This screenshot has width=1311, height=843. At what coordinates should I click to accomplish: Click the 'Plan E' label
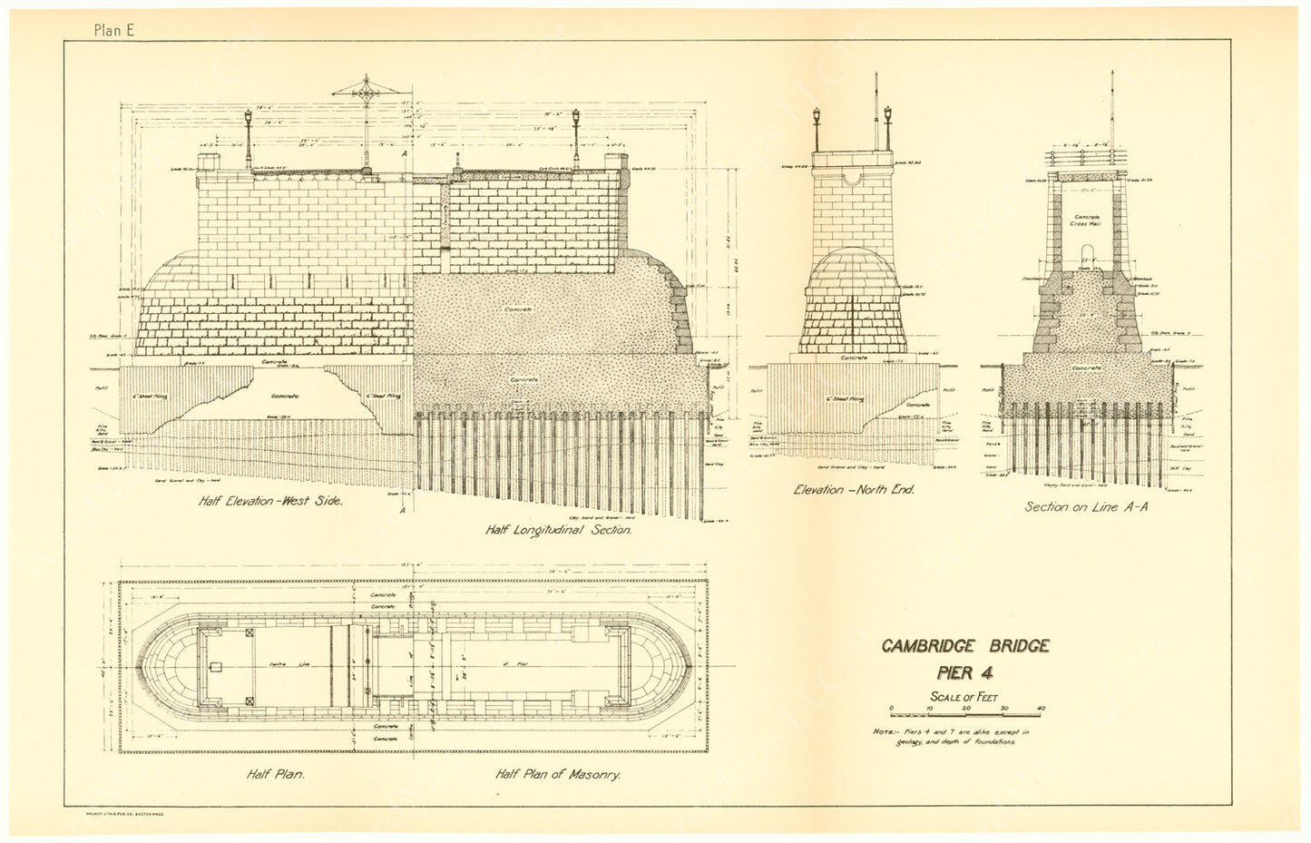pos(113,29)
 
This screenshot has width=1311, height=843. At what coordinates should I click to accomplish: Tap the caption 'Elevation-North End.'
pos(854,489)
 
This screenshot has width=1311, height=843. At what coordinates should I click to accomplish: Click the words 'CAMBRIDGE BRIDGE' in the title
pos(965,646)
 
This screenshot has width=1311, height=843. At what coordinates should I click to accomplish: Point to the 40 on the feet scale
pos(1041,708)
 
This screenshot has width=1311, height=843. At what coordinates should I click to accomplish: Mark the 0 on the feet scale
pos(891,708)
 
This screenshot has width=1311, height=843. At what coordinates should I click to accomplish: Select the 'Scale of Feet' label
pos(965,696)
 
